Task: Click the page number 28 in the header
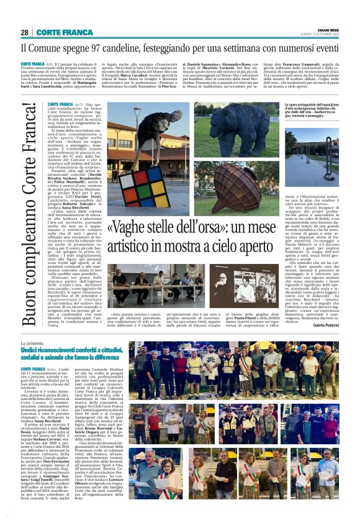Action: [25, 32]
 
